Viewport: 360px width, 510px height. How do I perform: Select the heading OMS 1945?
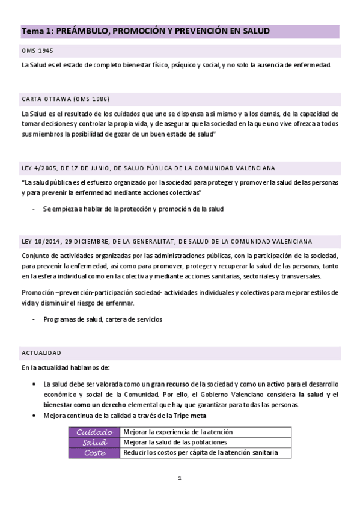click(x=37, y=51)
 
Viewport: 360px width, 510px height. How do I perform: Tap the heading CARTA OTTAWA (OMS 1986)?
click(x=65, y=99)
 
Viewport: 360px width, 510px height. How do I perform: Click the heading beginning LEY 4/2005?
click(x=148, y=168)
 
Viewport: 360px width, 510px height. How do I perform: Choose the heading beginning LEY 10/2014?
click(x=166, y=241)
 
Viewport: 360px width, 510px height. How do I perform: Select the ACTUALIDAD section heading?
click(x=41, y=352)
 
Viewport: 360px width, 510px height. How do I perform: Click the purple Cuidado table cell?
click(x=94, y=432)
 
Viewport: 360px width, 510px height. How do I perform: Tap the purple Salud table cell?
click(x=94, y=442)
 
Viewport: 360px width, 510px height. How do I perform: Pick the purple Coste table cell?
click(x=94, y=452)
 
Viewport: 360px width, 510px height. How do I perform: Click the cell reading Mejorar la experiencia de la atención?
click(x=177, y=432)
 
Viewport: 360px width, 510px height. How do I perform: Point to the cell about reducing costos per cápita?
click(x=200, y=452)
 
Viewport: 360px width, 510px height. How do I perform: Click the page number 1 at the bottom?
click(x=180, y=479)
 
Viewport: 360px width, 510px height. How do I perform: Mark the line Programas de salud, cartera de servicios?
click(x=103, y=319)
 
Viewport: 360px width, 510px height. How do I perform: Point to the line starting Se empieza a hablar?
click(x=133, y=209)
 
